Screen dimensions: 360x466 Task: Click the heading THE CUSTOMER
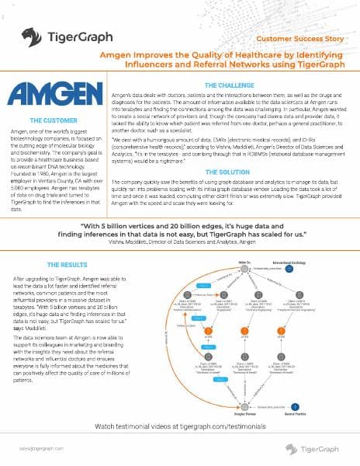pos(53,121)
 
